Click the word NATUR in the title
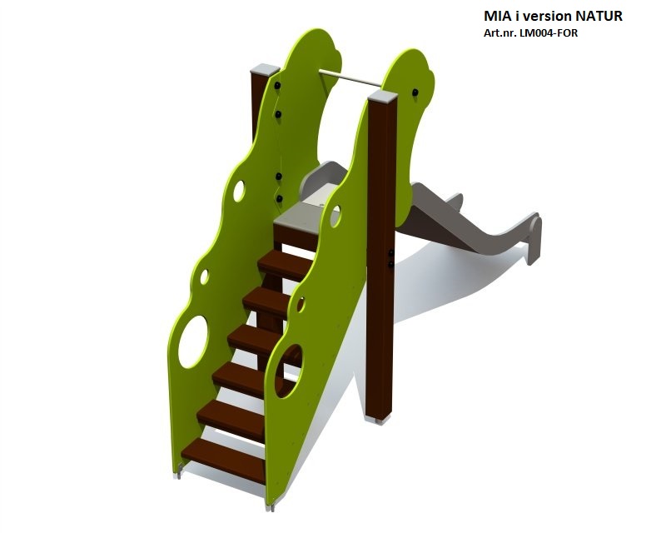tap(599, 16)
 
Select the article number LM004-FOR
tap(546, 33)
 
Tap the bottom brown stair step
tap(224, 461)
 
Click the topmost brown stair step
tap(285, 265)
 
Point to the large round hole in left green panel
tap(193, 341)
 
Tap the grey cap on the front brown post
tap(383, 96)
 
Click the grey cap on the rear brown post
tap(265, 70)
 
